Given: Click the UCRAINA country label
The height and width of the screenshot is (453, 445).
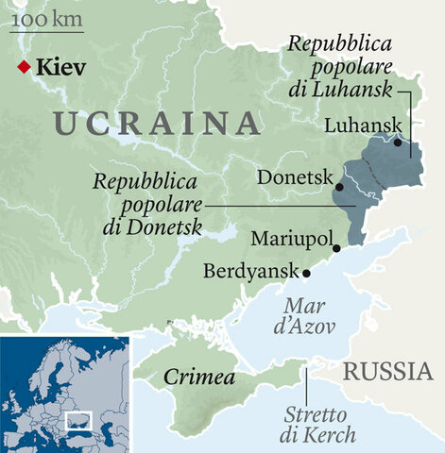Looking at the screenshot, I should [157, 123].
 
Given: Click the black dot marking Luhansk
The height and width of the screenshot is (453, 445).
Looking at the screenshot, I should [399, 143].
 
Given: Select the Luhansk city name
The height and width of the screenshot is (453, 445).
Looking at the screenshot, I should [362, 126].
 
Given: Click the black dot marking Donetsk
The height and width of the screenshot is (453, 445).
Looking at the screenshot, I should [339, 187].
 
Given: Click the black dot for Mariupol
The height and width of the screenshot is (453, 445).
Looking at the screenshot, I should [335, 248].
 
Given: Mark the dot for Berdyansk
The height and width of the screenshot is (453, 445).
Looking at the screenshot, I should [306, 273].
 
